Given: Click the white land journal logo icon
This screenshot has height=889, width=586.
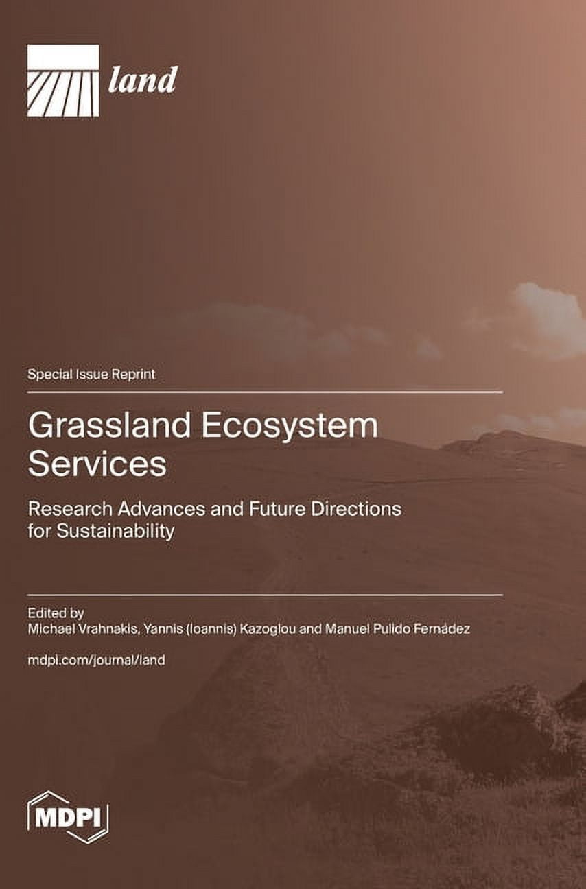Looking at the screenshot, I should [x=63, y=80].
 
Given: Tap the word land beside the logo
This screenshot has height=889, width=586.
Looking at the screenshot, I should [x=143, y=80].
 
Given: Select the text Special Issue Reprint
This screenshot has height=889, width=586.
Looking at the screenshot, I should [x=91, y=375].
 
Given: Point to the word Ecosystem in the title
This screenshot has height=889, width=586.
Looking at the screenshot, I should [x=290, y=426].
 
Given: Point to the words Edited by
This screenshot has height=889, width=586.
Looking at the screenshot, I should [x=56, y=612].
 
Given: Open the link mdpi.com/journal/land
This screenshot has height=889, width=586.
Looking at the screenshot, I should [x=96, y=661].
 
